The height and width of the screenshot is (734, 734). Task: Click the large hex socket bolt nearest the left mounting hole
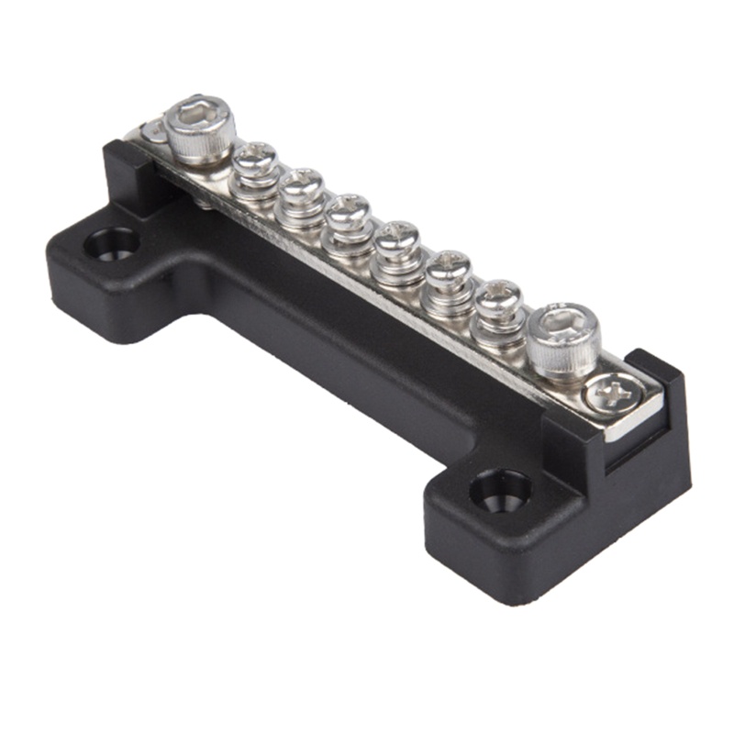click(x=199, y=128)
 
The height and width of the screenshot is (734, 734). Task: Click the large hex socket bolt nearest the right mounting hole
click(x=564, y=339)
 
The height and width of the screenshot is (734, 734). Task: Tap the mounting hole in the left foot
click(x=111, y=244)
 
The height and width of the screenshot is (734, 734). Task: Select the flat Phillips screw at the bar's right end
click(x=610, y=394)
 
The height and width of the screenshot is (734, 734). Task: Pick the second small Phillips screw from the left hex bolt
click(x=302, y=186)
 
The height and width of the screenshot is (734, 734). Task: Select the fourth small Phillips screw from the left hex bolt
click(x=398, y=240)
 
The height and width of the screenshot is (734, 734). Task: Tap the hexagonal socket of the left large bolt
click(x=200, y=111)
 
